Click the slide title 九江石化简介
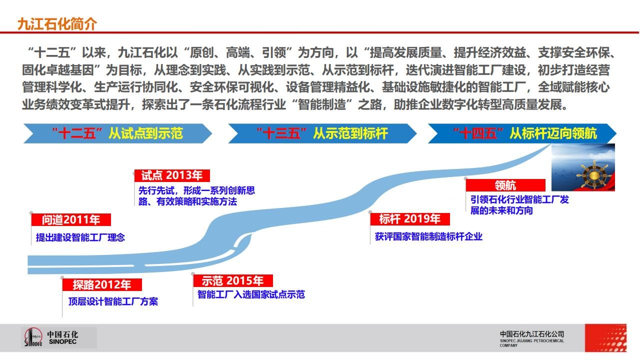point(57,24)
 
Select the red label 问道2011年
point(71,219)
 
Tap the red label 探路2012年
point(102,284)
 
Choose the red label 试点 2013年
point(172,175)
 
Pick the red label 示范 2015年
point(233,280)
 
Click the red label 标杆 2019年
point(409,219)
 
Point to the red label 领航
point(505,185)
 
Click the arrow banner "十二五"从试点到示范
point(117,133)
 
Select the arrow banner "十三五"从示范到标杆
point(322,133)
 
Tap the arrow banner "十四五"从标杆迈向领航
point(522,133)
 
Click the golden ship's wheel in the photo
point(593,174)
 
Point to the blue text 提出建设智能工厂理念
point(80,237)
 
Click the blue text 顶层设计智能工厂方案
point(113,301)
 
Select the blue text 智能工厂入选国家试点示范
point(251,294)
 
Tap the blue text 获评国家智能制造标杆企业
point(428,236)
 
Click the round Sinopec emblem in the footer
point(33,337)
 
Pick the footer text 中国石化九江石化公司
point(532,334)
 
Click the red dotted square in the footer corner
point(605,337)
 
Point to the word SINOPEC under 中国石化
point(62,342)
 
